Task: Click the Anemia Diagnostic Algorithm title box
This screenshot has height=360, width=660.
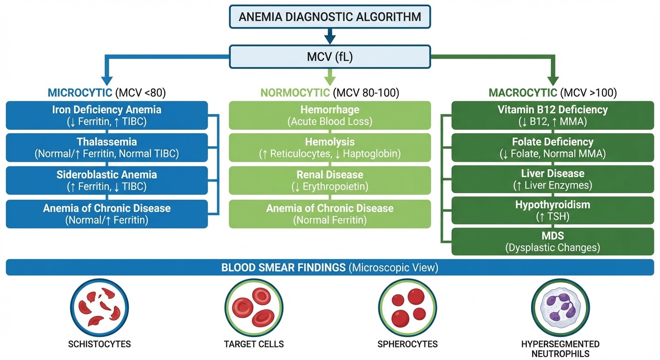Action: (x=330, y=17)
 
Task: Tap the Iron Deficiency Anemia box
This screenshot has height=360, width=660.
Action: (x=107, y=115)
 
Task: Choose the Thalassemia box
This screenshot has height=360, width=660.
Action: (x=107, y=147)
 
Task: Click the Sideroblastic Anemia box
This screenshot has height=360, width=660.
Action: (x=107, y=180)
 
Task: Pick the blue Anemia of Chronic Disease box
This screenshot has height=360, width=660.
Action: (x=107, y=214)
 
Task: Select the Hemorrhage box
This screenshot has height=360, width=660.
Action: (x=330, y=115)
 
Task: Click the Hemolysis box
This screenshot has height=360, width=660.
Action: (x=330, y=147)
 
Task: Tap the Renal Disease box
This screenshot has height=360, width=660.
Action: (x=330, y=180)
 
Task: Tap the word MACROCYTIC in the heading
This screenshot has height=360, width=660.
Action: (x=523, y=92)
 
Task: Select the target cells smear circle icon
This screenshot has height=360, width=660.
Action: (x=253, y=307)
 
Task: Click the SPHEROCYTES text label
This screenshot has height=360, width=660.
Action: (x=407, y=344)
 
